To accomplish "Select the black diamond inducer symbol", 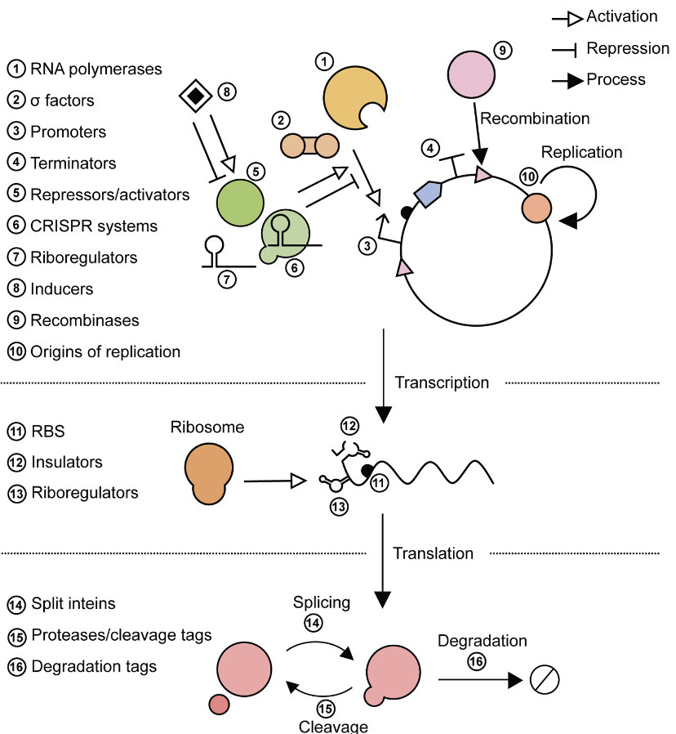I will [195, 96].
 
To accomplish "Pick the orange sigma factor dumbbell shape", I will [309, 145].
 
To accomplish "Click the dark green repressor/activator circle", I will [240, 200].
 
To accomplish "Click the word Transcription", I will [442, 383].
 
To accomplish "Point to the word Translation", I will [433, 553].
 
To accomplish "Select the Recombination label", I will [535, 119].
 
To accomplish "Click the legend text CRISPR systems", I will [93, 226].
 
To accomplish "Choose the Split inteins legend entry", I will [73, 604].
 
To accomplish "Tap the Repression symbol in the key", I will [566, 50].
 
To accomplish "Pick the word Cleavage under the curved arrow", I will [333, 726].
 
